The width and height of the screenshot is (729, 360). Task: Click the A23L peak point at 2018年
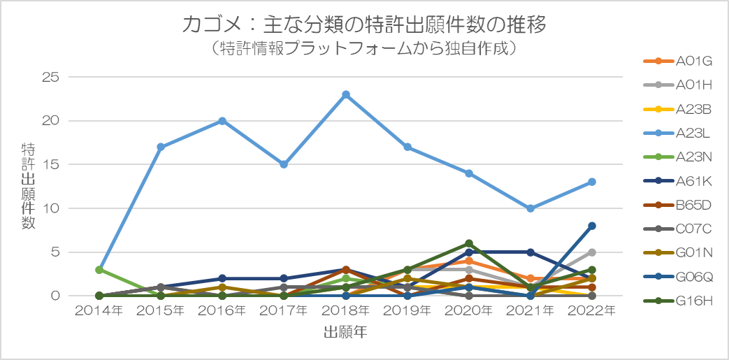346,94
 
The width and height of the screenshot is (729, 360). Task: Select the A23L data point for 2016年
222,121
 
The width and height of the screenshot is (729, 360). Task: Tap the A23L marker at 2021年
530,208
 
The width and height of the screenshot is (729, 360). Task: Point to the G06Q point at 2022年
592,226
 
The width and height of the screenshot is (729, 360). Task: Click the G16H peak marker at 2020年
469,243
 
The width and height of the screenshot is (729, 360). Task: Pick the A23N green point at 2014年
99,270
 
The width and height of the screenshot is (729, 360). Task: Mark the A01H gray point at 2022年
592,252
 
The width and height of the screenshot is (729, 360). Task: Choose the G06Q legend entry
677,278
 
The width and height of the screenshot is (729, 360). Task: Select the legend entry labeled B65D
677,206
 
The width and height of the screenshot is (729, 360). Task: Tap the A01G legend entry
677,61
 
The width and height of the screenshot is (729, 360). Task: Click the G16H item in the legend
677,302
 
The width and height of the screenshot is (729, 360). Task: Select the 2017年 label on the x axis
284,310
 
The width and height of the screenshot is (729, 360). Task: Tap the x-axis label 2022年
591,310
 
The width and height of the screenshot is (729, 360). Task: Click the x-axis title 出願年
345,332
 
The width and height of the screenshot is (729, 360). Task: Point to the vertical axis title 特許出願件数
28,186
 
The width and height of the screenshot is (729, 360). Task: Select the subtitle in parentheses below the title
364,48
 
